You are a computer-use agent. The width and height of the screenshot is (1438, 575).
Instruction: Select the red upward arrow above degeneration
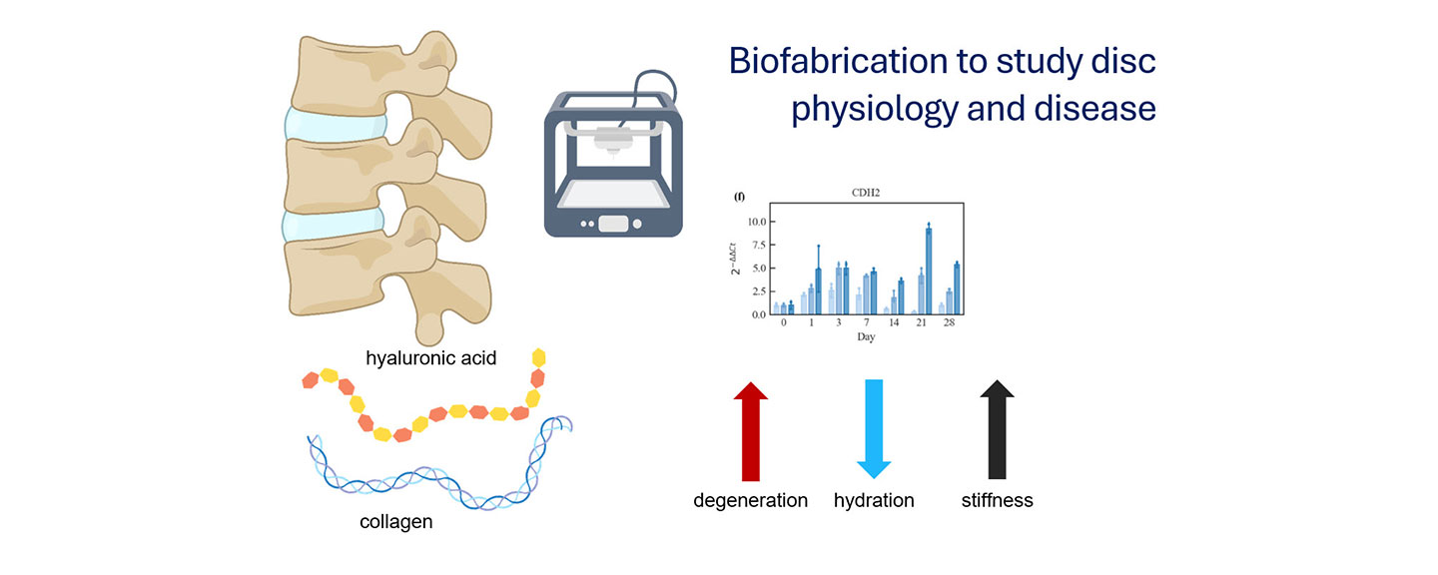click(751, 430)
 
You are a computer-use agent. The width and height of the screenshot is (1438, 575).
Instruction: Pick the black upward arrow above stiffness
click(997, 430)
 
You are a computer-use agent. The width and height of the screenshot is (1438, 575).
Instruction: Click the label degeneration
click(751, 500)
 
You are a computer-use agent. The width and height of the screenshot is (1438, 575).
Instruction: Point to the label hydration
click(874, 500)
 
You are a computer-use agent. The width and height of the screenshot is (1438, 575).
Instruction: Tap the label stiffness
click(997, 500)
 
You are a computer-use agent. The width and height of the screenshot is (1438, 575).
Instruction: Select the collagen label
click(396, 522)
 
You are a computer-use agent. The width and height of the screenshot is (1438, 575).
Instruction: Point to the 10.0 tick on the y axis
click(756, 222)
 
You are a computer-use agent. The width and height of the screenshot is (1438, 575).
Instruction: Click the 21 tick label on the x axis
click(920, 323)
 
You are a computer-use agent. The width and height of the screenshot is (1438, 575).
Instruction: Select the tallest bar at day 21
click(929, 271)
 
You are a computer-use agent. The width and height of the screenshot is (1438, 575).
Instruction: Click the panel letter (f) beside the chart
click(740, 197)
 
